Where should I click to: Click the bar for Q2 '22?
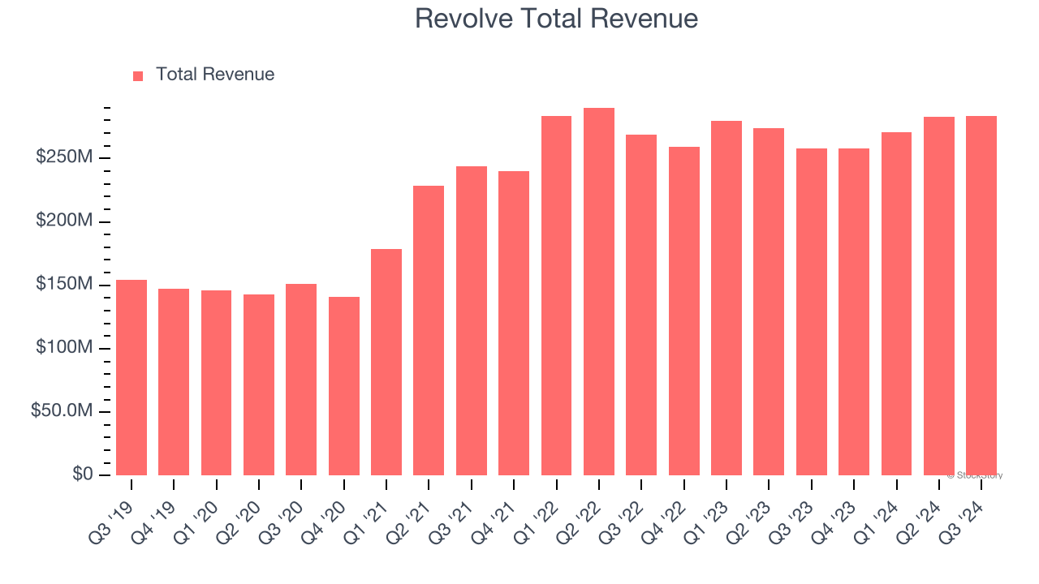click(x=599, y=292)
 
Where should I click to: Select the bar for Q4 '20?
click(x=344, y=386)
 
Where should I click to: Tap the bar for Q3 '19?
click(x=131, y=378)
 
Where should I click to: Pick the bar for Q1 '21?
click(x=386, y=363)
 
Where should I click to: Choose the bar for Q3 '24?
click(x=981, y=296)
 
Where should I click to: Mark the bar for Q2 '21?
click(x=429, y=331)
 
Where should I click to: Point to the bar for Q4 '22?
click(x=684, y=311)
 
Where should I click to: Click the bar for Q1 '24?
click(x=896, y=304)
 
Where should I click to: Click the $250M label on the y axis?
click(x=64, y=157)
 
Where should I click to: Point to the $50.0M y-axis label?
click(x=62, y=411)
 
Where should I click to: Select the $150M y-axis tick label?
click(x=64, y=285)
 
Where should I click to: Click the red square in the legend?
click(x=138, y=75)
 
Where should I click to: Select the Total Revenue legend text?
click(x=215, y=75)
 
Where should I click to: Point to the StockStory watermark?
click(x=975, y=475)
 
